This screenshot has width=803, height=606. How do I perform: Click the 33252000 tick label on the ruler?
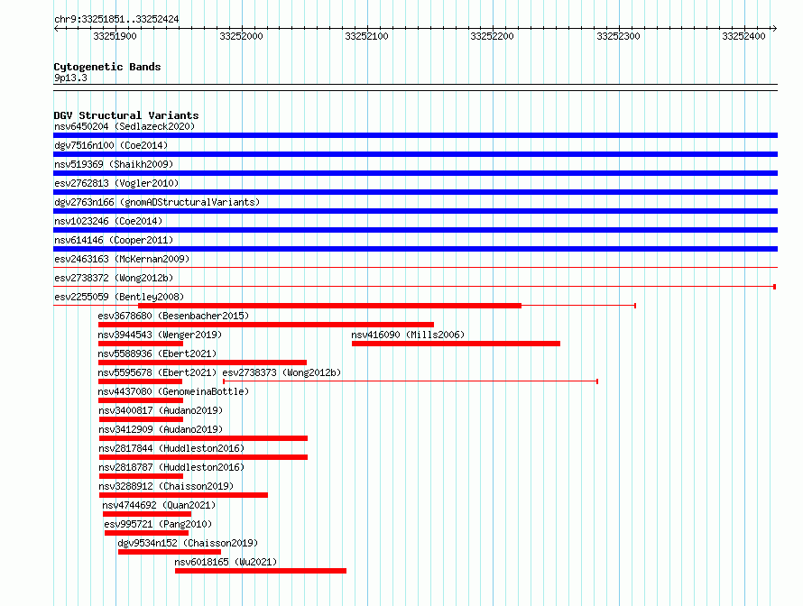[241, 36]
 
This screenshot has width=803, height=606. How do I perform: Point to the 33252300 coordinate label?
[618, 36]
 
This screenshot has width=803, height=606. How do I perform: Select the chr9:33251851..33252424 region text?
[116, 20]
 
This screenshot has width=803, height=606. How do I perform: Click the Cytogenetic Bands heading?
[107, 67]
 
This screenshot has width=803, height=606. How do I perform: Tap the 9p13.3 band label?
[70, 78]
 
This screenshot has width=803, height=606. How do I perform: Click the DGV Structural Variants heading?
[126, 115]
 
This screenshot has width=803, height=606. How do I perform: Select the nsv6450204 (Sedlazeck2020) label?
[125, 126]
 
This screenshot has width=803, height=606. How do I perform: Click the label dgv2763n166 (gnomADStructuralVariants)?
[157, 202]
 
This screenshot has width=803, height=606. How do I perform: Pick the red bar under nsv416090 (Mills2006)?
[456, 344]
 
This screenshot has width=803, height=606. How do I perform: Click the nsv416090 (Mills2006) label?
[408, 335]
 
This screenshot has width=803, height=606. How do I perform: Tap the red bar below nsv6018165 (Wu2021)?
[261, 571]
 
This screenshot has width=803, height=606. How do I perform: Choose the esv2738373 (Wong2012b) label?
[282, 372]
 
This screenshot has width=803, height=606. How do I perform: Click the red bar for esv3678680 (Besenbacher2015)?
[266, 325]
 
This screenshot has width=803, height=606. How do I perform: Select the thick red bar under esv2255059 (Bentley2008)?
[330, 306]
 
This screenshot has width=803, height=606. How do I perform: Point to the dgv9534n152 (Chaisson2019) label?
[188, 543]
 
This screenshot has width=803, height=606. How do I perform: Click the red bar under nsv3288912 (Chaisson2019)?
[183, 495]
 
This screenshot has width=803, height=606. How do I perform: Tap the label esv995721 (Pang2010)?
[158, 524]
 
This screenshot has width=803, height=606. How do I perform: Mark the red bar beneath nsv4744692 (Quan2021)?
[147, 514]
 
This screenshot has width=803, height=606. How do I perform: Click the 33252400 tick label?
[743, 36]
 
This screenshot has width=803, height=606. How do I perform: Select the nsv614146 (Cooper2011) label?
[114, 240]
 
